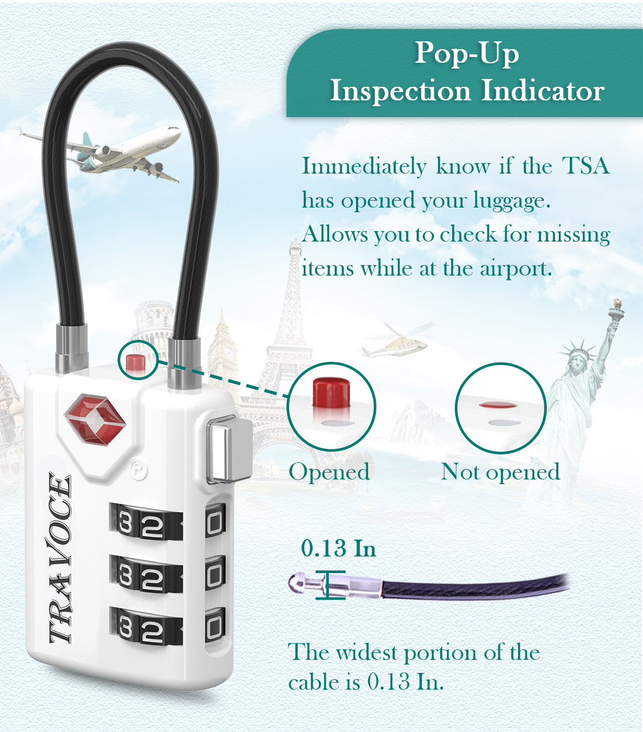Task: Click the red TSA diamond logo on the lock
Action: [x=95, y=419]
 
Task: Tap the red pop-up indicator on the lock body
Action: [x=135, y=362]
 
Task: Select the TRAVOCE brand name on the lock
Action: [x=60, y=558]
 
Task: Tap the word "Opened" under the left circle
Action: [x=329, y=472]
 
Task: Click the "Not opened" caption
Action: [x=500, y=472]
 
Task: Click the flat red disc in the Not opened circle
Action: [x=498, y=405]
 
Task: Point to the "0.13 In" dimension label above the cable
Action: [x=338, y=548]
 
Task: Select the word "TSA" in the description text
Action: [x=585, y=166]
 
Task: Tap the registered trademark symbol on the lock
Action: [x=138, y=471]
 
